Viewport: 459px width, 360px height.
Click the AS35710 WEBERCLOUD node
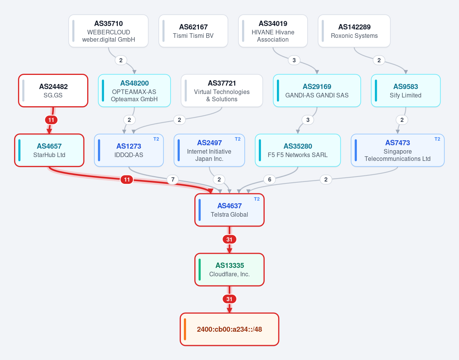[108, 31]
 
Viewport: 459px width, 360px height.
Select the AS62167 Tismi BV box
[193, 31]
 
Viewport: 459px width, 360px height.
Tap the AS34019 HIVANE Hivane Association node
[273, 31]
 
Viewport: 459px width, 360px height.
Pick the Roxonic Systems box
[354, 31]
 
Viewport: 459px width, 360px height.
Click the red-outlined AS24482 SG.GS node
[53, 91]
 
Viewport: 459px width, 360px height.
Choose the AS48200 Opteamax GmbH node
[134, 91]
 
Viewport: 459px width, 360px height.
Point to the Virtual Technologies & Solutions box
[222, 91]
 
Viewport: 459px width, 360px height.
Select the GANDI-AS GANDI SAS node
[317, 91]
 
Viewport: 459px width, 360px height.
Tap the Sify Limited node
[405, 91]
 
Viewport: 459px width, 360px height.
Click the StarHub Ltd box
[49, 150]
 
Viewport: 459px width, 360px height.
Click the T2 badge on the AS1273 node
[156, 139]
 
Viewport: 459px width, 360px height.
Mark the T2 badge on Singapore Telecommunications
[437, 139]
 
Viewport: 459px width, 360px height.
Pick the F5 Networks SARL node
[298, 150]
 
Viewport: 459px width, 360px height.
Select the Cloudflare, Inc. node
[229, 270]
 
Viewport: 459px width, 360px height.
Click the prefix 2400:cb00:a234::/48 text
[229, 329]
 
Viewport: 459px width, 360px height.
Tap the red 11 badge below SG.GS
[51, 120]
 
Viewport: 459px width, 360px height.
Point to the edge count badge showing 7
[173, 180]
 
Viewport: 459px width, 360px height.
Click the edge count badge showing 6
[270, 180]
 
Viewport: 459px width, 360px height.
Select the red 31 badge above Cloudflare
[229, 240]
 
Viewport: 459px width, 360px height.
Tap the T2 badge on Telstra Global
[257, 199]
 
